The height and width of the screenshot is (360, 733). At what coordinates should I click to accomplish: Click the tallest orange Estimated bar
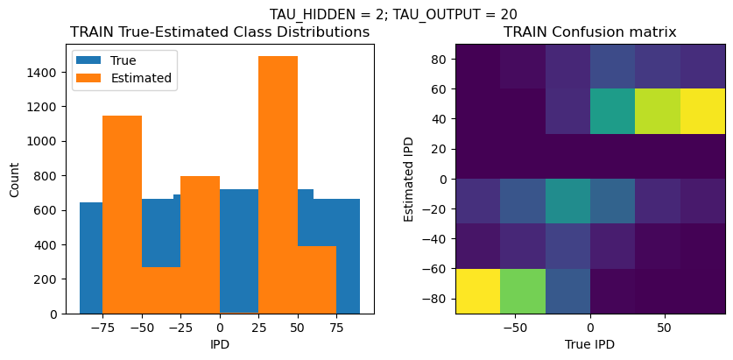pos(278,184)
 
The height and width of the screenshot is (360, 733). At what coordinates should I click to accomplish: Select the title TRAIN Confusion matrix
pos(589,32)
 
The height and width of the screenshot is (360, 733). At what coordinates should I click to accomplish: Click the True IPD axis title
pos(589,344)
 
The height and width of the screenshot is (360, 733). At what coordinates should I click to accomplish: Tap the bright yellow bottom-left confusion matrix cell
pos(477,291)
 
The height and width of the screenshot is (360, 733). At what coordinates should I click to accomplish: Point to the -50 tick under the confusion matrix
pos(517,327)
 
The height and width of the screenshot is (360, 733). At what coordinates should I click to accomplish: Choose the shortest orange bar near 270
pos(161,290)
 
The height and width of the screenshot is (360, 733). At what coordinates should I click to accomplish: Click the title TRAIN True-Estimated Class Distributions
pos(220,32)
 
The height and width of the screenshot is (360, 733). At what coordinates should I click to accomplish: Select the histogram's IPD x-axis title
pos(220,344)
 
